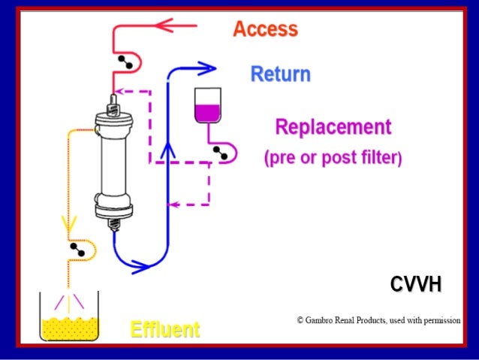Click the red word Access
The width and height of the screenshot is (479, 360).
265,29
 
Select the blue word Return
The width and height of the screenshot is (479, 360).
280,74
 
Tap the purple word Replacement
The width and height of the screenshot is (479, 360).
333,126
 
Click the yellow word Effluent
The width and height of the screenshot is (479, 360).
165,329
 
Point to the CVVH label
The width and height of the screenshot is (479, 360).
415,284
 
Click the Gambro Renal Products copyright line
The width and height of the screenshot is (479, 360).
378,320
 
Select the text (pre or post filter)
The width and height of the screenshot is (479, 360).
333,159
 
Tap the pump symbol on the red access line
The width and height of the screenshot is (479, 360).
125,62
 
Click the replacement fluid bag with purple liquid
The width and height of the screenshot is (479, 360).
207,106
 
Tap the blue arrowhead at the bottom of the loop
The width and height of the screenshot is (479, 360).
140,264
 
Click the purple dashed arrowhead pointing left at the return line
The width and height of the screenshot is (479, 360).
173,204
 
